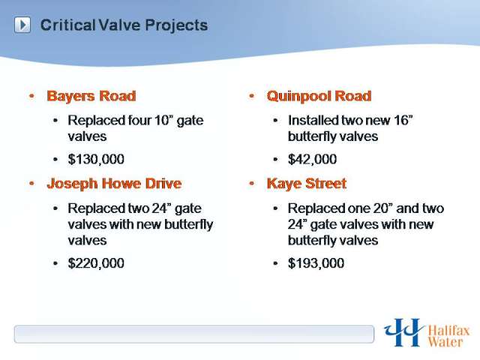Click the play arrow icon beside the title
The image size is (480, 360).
click(x=22, y=25)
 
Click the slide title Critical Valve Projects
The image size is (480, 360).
click(x=124, y=25)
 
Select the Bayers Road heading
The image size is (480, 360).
click(x=91, y=96)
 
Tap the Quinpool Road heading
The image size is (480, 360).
click(x=319, y=96)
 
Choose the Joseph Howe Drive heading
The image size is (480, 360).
click(x=114, y=184)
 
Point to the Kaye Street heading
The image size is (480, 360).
click(x=307, y=184)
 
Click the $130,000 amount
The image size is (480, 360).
click(x=96, y=159)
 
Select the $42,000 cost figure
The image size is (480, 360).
click(x=312, y=159)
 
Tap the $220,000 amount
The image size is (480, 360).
click(x=96, y=263)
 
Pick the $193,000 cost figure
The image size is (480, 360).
click(x=316, y=263)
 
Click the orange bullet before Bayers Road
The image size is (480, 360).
click(x=31, y=96)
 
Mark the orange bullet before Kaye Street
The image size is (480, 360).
click(x=252, y=184)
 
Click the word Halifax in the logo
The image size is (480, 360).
click(x=448, y=331)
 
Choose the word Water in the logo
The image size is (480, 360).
click(x=445, y=342)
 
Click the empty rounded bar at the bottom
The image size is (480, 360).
click(x=194, y=334)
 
